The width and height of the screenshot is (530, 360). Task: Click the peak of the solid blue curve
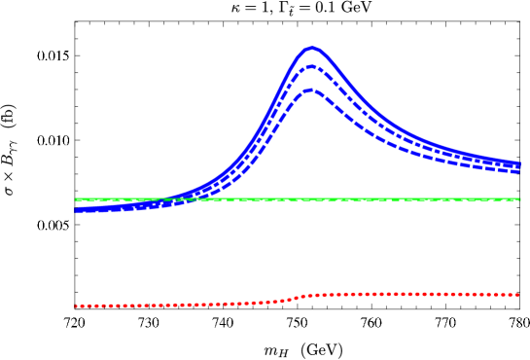click(x=311, y=48)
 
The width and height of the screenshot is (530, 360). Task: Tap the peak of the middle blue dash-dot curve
click(x=311, y=67)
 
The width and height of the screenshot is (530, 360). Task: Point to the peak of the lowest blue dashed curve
click(x=310, y=90)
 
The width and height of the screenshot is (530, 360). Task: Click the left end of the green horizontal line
click(x=76, y=198)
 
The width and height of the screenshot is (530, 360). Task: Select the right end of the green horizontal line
click(x=519, y=198)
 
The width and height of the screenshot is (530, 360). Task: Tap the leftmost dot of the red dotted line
click(x=77, y=306)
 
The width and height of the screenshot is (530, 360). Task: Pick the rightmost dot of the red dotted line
click(x=517, y=294)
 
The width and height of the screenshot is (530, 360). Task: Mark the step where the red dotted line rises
click(x=298, y=297)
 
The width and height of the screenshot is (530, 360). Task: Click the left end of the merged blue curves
click(x=77, y=209)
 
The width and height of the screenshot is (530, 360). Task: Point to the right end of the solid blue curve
click(x=518, y=164)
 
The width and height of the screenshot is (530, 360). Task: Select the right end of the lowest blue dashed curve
click(x=518, y=172)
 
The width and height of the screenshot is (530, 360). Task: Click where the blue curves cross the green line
click(x=175, y=198)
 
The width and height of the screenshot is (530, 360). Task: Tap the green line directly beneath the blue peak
click(x=311, y=198)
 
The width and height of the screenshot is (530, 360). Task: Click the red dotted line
click(x=408, y=293)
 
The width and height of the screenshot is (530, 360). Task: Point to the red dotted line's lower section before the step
click(x=175, y=305)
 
